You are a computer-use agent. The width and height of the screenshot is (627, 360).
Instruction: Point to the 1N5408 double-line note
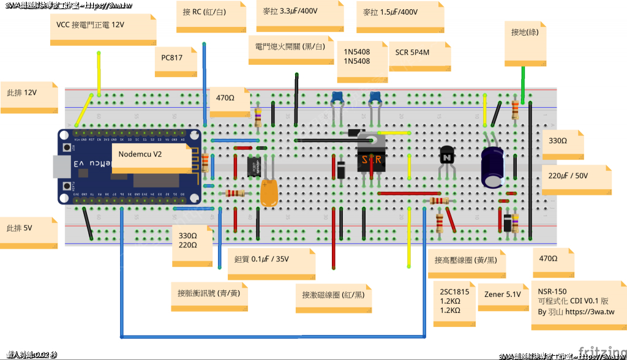click(361, 60)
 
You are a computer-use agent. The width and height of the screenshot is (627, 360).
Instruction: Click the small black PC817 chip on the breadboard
click(254, 166)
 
